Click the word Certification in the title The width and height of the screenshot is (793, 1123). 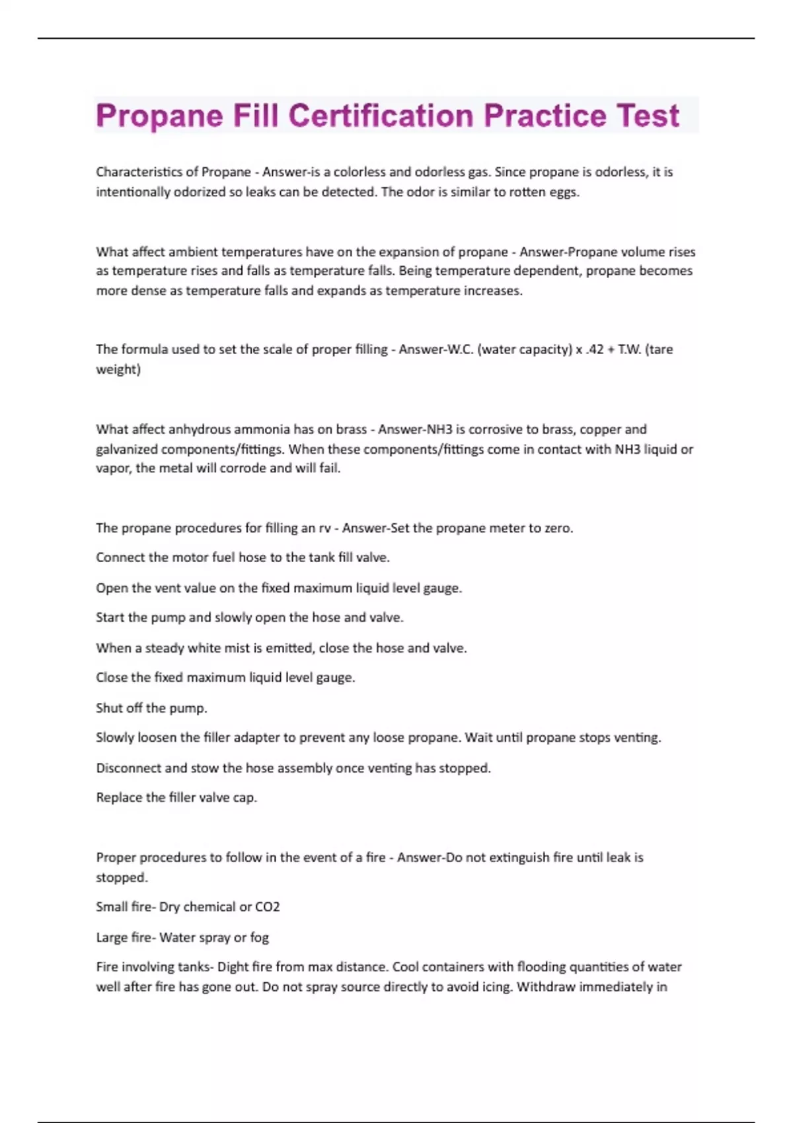(381, 116)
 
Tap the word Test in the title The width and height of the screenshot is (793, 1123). (648, 116)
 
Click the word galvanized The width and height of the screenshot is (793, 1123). (127, 449)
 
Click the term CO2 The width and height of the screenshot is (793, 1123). (267, 907)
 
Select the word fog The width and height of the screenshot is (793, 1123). (259, 937)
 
